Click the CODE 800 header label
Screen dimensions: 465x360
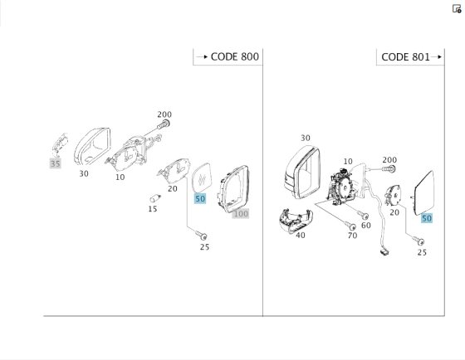(x=234, y=56)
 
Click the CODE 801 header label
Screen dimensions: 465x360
(x=405, y=57)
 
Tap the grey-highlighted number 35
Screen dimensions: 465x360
(x=56, y=163)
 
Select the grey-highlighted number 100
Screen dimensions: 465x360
(x=241, y=214)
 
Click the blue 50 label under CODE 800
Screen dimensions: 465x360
(x=200, y=199)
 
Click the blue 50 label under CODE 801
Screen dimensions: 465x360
(x=427, y=218)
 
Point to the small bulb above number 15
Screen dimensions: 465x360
(x=155, y=198)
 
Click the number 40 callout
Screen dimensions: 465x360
(x=301, y=236)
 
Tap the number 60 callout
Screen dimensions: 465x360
(x=366, y=226)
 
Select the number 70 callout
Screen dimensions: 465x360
(x=352, y=236)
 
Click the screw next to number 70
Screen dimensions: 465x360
(x=350, y=226)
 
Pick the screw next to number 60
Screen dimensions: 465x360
(x=363, y=215)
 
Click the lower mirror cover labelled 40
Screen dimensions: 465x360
(x=296, y=221)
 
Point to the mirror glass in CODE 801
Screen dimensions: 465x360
(x=424, y=192)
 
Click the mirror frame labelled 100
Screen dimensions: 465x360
(x=233, y=189)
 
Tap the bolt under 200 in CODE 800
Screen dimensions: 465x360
(x=163, y=124)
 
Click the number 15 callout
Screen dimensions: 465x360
(x=153, y=209)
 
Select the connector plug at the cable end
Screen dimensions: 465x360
(x=384, y=252)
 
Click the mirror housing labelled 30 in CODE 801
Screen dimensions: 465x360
(x=302, y=172)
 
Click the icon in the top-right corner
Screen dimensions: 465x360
(x=457, y=9)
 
